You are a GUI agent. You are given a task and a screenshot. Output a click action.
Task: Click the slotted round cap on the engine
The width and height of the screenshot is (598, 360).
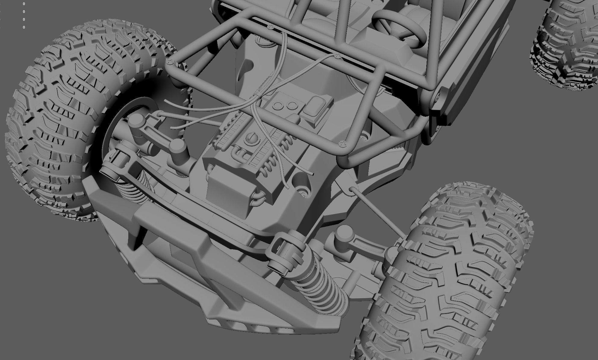coord(250,139)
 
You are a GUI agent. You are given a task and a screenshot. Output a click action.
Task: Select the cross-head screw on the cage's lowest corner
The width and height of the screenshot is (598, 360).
coord(342,144)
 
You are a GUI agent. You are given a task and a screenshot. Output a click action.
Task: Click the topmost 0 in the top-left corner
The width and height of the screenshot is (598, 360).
coord(24,4)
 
